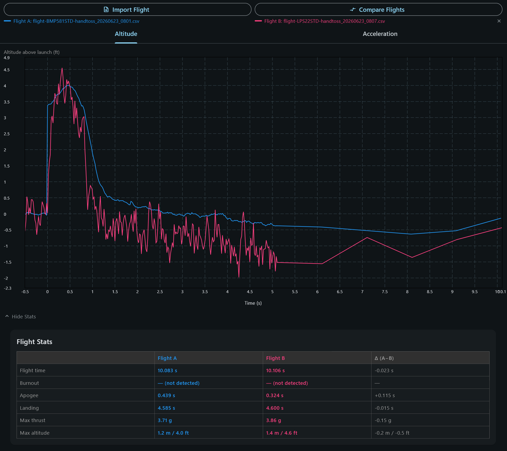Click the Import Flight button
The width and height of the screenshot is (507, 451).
pyautogui.click(x=127, y=10)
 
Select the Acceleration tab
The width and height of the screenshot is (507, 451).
pyautogui.click(x=380, y=34)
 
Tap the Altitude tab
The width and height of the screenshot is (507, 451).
pyautogui.click(x=126, y=34)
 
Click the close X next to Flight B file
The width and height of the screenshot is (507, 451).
pyautogui.click(x=499, y=21)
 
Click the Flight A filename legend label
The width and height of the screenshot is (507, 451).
pyautogui.click(x=76, y=21)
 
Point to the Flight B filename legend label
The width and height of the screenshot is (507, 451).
pyautogui.click(x=325, y=21)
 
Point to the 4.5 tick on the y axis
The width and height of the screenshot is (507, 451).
pyautogui.click(x=7, y=70)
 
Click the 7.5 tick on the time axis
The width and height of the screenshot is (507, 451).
pyautogui.click(x=385, y=292)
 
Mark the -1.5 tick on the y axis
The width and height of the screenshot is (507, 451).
pyautogui.click(x=7, y=262)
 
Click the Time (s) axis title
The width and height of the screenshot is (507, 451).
pyautogui.click(x=253, y=303)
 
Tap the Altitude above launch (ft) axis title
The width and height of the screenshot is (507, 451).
pyautogui.click(x=32, y=52)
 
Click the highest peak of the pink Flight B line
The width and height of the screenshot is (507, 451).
pyautogui.click(x=62, y=68)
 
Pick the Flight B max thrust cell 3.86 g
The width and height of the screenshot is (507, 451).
pyautogui.click(x=273, y=420)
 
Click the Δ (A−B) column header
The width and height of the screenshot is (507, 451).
pyautogui.click(x=384, y=358)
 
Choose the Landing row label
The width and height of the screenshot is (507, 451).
pyautogui.click(x=29, y=408)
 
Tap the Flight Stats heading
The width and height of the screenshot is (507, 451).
pyautogui.click(x=35, y=342)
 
